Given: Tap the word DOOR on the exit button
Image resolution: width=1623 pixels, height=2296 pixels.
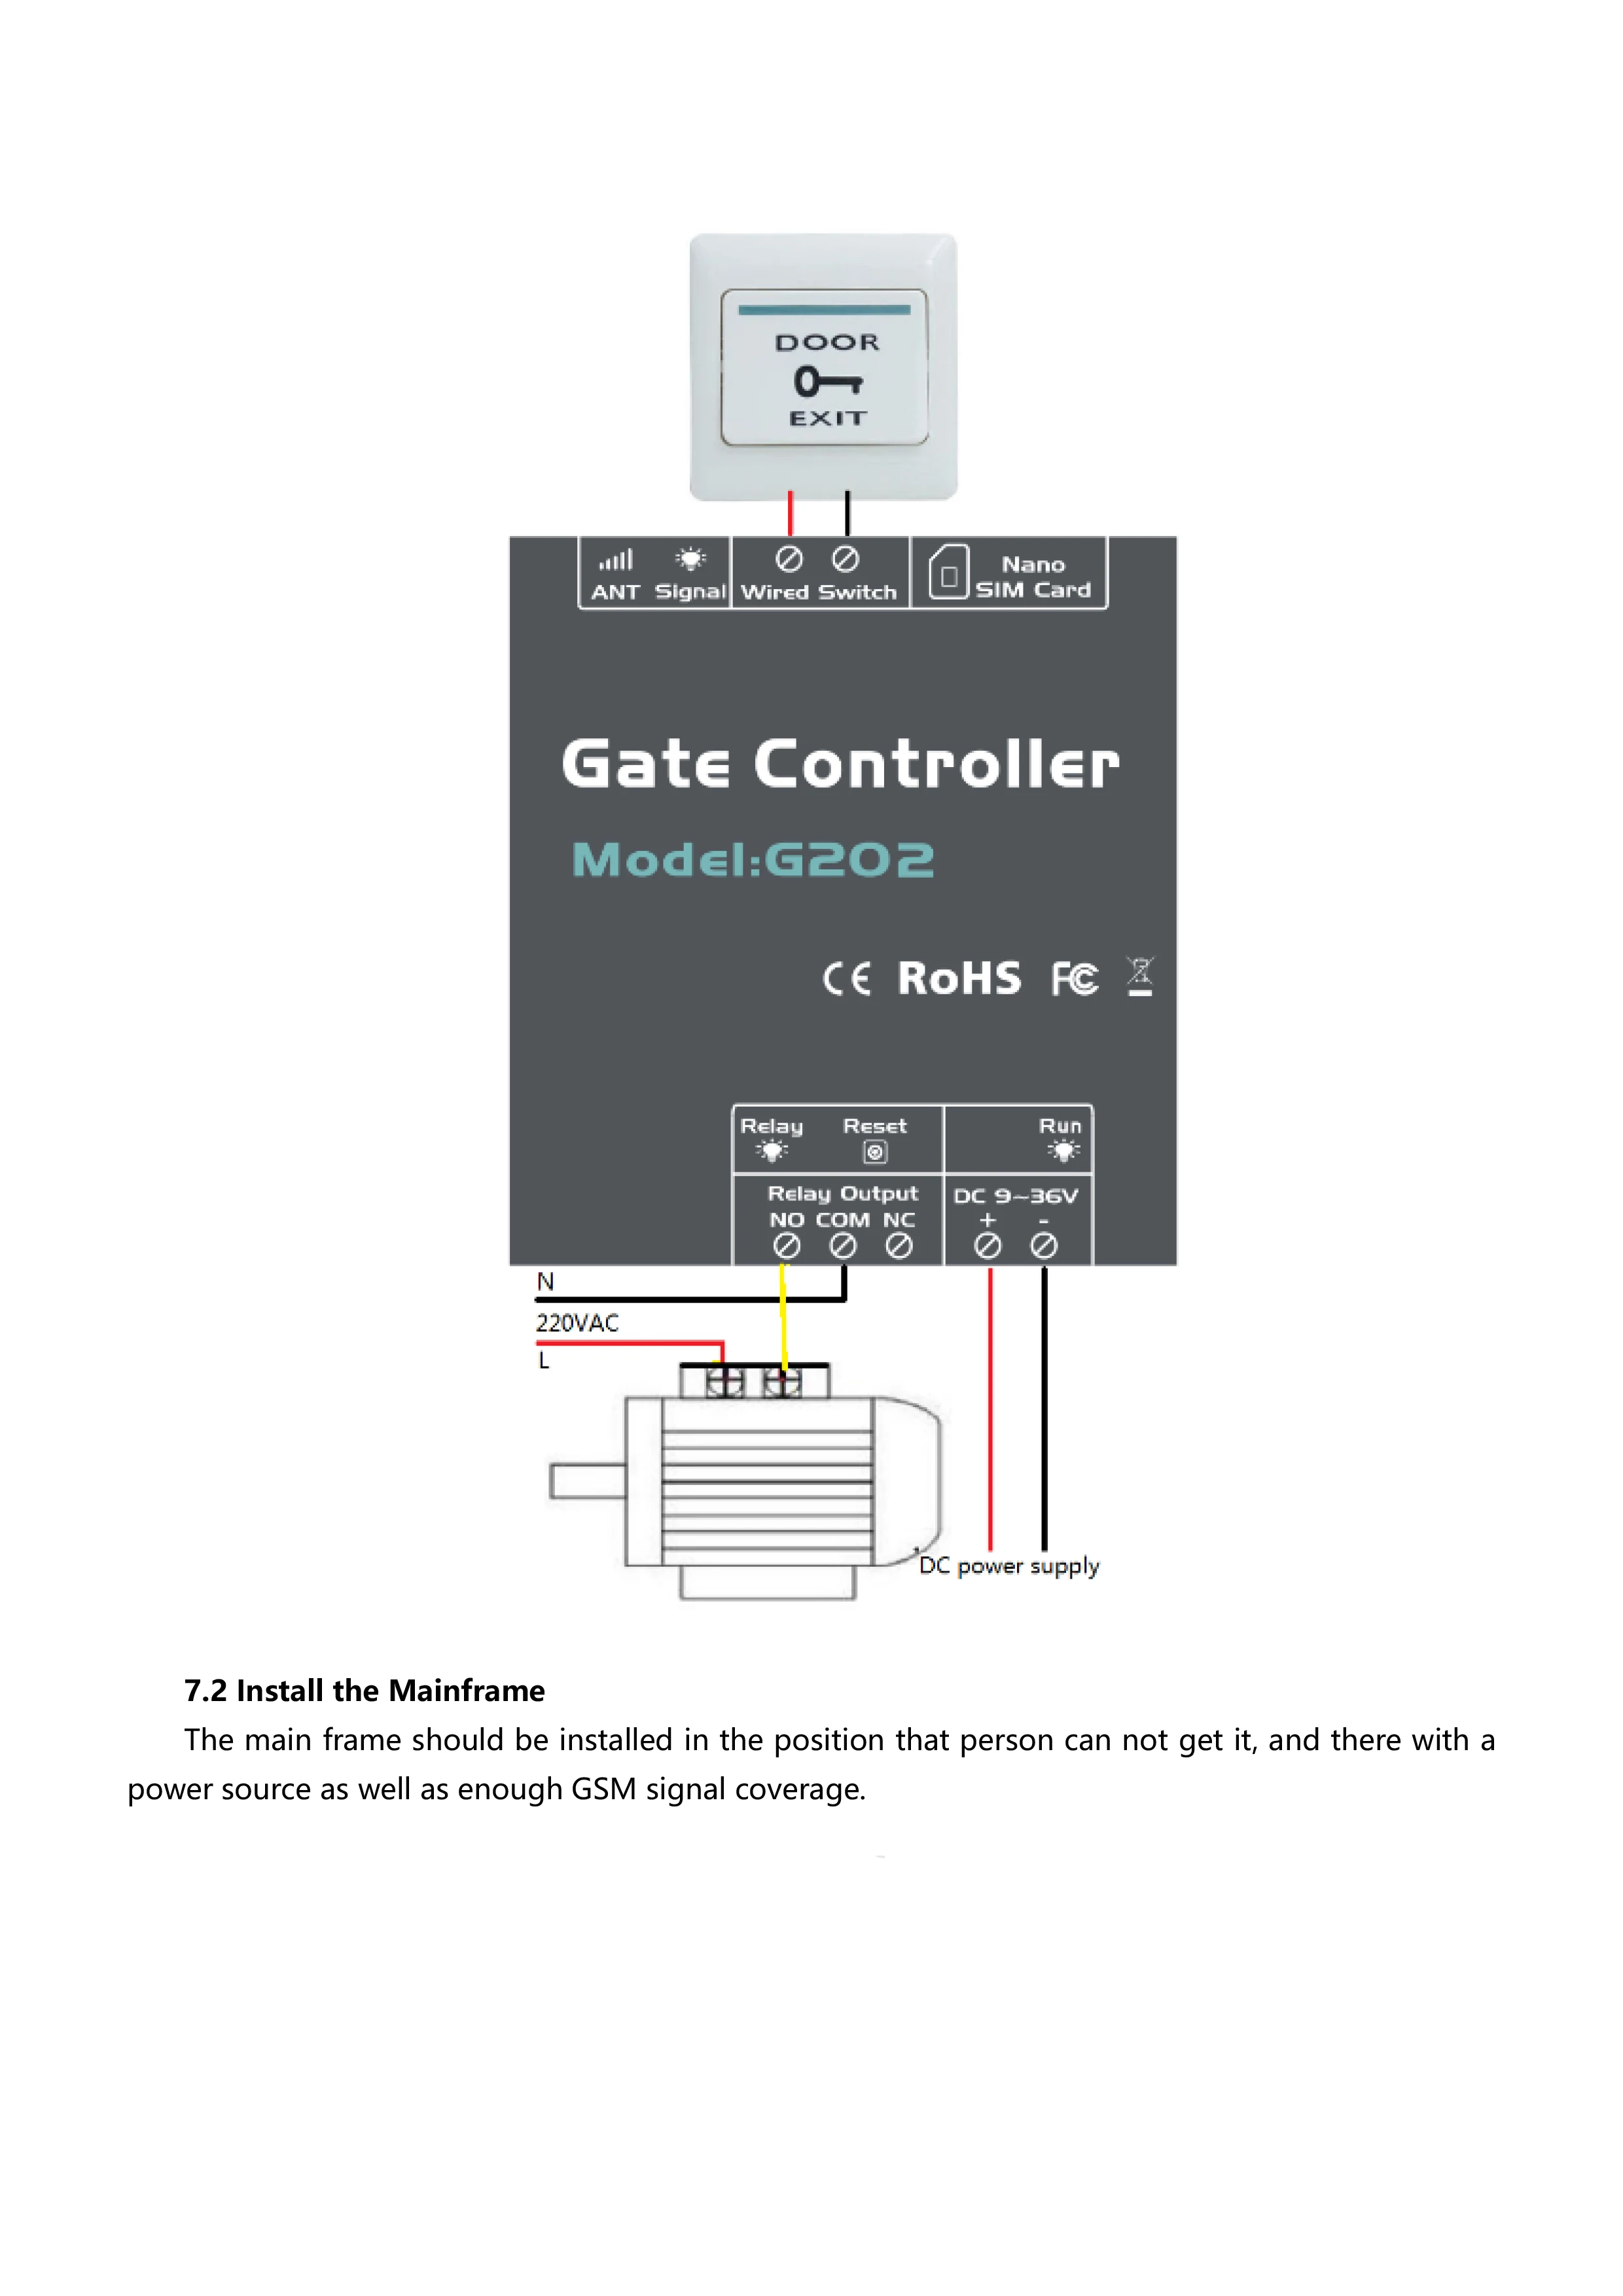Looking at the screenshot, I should (x=827, y=343).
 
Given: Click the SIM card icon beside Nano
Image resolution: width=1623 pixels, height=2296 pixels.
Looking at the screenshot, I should (x=949, y=572).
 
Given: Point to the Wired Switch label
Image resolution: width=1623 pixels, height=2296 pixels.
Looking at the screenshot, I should (x=818, y=592).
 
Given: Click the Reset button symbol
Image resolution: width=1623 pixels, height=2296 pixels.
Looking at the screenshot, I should (x=875, y=1152).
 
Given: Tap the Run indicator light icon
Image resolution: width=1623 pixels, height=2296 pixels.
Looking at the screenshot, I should (x=1063, y=1151).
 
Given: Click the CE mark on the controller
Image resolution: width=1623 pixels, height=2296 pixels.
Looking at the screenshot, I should (x=846, y=979).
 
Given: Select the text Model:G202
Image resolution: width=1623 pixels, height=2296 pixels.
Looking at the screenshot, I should (x=752, y=860).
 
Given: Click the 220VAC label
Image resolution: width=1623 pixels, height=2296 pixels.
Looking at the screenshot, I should (x=577, y=1323).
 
